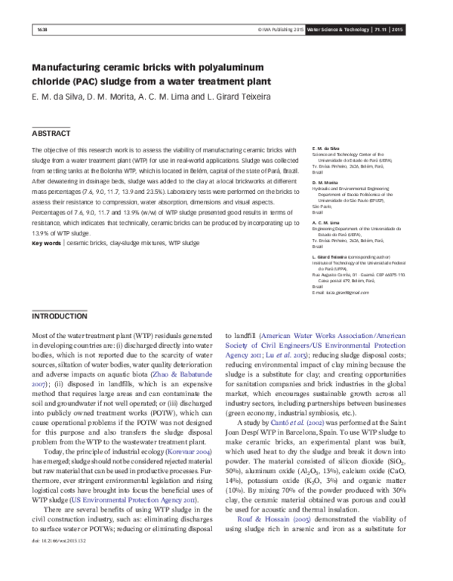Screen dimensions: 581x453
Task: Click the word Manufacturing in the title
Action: pyautogui.click(x=73, y=66)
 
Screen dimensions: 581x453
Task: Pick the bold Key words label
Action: pyautogui.click(x=46, y=223)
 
